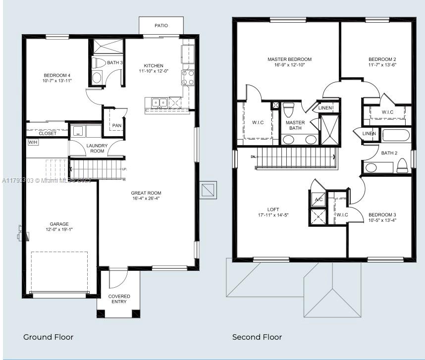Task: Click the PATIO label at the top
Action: [x=161, y=25]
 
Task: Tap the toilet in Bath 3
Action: [x=99, y=63]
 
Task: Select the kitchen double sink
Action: [x=159, y=103]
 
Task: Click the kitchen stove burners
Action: [x=188, y=77]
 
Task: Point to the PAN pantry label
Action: [x=116, y=125]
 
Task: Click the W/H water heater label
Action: [x=33, y=142]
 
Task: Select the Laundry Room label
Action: [x=97, y=148]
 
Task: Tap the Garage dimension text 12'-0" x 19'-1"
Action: [x=59, y=230]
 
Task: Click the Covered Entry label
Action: [x=119, y=299]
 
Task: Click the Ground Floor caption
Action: [x=49, y=337]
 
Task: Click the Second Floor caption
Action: [x=257, y=337]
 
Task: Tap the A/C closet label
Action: [x=319, y=200]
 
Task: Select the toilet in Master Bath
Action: [x=289, y=108]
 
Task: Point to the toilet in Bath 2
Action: [x=403, y=165]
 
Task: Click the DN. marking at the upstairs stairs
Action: [x=253, y=156]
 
